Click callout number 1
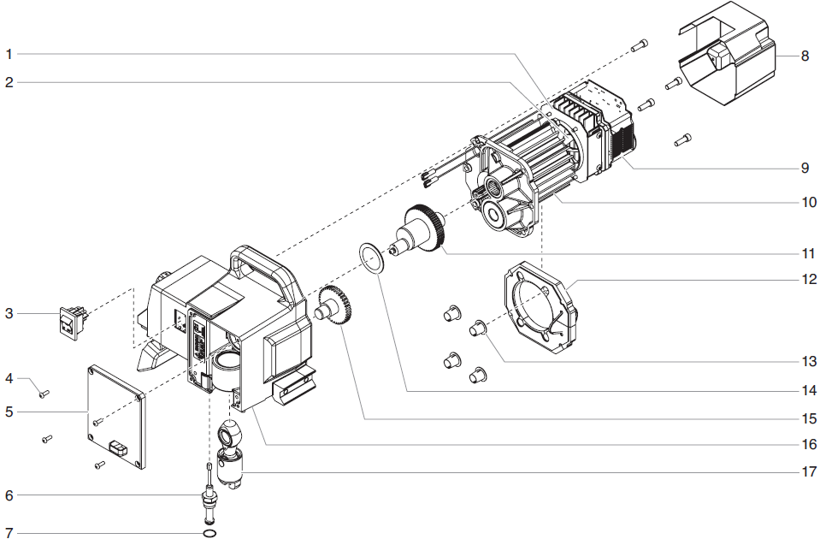click(x=9, y=54)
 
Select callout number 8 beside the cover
click(x=805, y=56)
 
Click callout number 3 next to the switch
click(x=9, y=314)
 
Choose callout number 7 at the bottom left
click(x=9, y=533)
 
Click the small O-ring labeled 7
click(x=209, y=532)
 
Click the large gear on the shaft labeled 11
click(x=425, y=228)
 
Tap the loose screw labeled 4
click(x=44, y=393)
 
